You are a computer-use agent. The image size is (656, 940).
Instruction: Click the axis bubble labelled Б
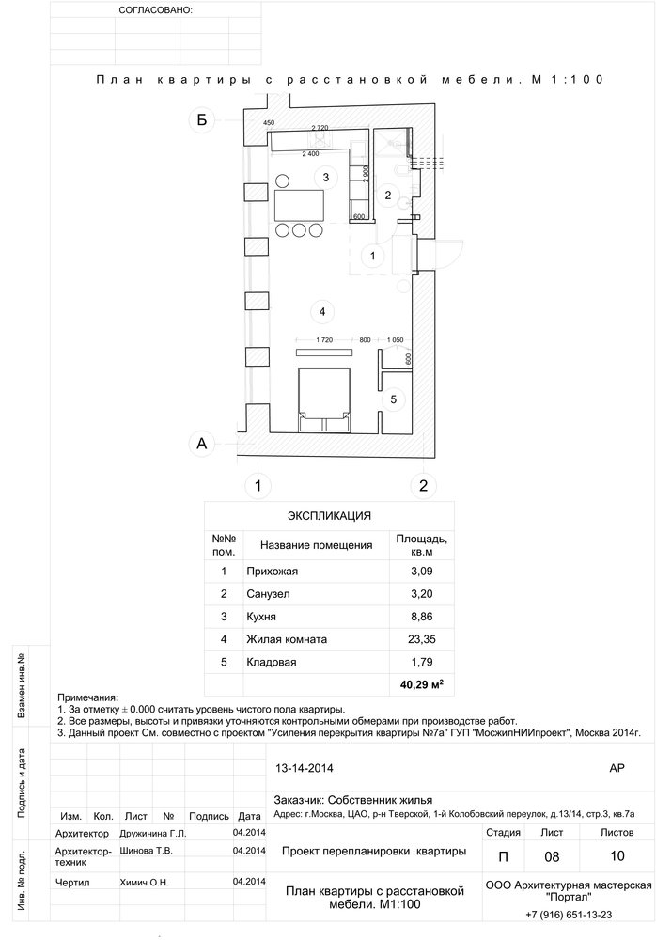click(x=202, y=120)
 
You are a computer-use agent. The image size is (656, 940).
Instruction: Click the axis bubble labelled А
click(x=202, y=444)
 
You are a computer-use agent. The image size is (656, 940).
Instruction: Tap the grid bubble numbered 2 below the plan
click(x=423, y=486)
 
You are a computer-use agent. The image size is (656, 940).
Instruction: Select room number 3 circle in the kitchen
click(x=325, y=177)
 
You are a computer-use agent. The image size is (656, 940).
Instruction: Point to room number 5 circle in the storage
click(x=394, y=399)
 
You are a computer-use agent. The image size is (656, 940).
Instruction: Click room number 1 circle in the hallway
click(x=372, y=256)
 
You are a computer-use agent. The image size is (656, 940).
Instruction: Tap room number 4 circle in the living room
click(x=322, y=311)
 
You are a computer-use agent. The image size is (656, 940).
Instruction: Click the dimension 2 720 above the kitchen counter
click(x=320, y=128)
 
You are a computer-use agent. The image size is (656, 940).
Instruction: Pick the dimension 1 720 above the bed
click(x=324, y=340)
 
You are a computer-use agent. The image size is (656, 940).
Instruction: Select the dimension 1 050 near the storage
click(x=395, y=340)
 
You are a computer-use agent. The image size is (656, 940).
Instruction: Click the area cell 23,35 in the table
click(x=422, y=639)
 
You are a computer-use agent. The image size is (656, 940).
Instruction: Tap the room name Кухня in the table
click(x=261, y=617)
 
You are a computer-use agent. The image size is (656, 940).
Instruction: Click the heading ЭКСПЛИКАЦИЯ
click(x=329, y=515)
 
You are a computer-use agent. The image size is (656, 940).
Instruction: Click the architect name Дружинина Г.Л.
click(x=153, y=833)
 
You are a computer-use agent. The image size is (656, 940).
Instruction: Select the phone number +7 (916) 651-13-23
click(x=569, y=915)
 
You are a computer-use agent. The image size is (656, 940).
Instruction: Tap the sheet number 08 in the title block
click(x=552, y=856)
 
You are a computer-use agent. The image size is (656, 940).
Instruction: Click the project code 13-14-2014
click(x=304, y=768)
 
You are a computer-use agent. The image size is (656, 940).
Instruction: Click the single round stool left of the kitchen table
click(x=283, y=180)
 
